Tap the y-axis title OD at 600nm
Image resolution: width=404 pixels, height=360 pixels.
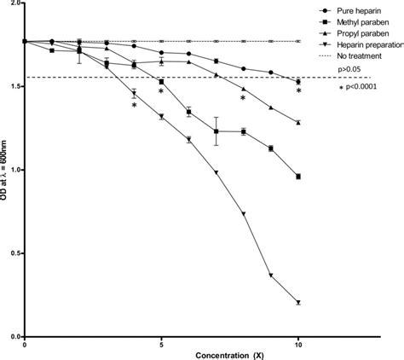(x=8, y=171)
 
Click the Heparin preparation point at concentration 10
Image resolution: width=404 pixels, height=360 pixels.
(x=298, y=303)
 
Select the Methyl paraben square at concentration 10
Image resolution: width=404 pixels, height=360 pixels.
(x=298, y=177)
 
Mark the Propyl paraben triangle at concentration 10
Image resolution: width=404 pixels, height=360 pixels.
(x=298, y=123)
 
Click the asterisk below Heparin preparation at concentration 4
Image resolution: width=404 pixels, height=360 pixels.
(x=134, y=106)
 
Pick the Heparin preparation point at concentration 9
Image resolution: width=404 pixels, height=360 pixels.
(x=271, y=276)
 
